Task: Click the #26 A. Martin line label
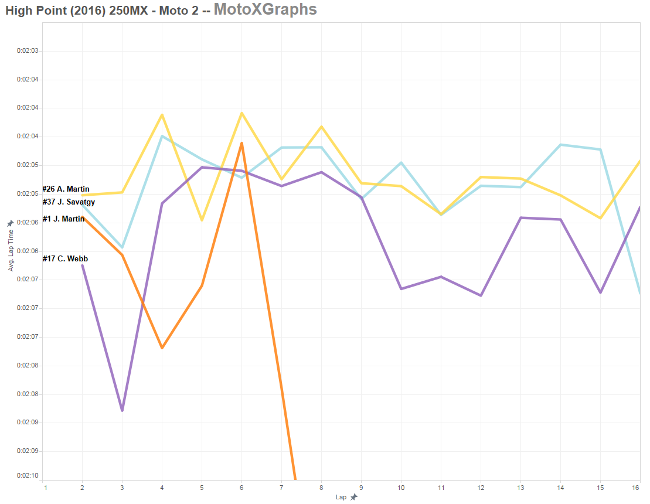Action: coord(66,189)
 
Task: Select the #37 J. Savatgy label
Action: coord(69,202)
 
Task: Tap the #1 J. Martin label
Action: coord(63,219)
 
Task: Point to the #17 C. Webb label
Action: coord(65,258)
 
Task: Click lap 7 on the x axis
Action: coord(281,487)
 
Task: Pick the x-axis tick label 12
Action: coord(481,487)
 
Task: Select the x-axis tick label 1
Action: coord(45,487)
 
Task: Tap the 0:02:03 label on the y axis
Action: coord(28,51)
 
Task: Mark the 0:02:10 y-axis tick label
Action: coord(28,476)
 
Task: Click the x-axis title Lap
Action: coord(341,498)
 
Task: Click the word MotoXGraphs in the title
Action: coord(265,9)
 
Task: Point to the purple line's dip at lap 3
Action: coord(122,410)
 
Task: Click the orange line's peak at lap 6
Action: coord(241,143)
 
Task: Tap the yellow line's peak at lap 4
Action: coord(162,115)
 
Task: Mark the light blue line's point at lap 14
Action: coord(560,145)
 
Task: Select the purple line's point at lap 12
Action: coord(481,295)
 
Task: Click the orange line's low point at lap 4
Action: coord(162,348)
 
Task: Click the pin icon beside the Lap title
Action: coord(353,498)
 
